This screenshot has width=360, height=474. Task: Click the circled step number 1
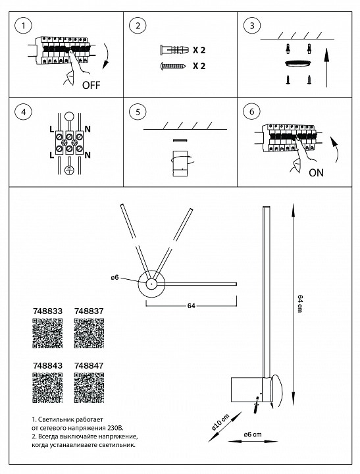pos(24,26)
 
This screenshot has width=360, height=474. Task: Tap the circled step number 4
pos(24,111)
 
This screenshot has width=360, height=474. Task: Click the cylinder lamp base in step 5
pos(179,164)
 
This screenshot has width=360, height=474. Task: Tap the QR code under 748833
pos(47,334)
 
